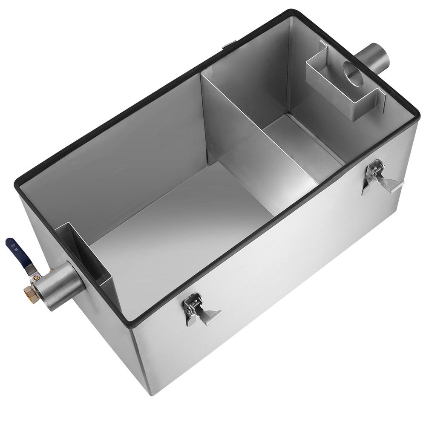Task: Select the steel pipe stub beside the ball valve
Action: click(x=60, y=285)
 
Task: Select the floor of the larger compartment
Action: click(x=179, y=230)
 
